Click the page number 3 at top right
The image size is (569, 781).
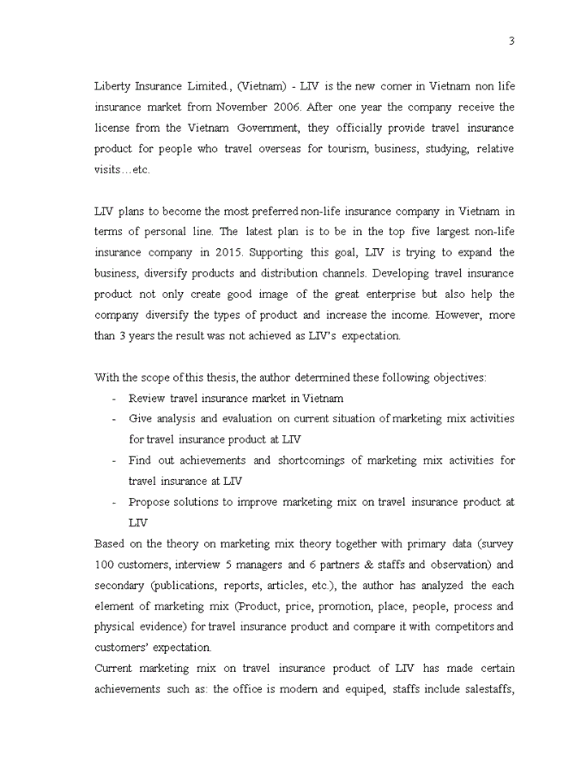[511, 41]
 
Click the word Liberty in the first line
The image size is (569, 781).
[112, 85]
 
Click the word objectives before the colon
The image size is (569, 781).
[458, 377]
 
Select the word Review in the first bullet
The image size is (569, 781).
[146, 398]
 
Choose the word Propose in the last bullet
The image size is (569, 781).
[150, 502]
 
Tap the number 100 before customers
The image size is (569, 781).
[104, 565]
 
